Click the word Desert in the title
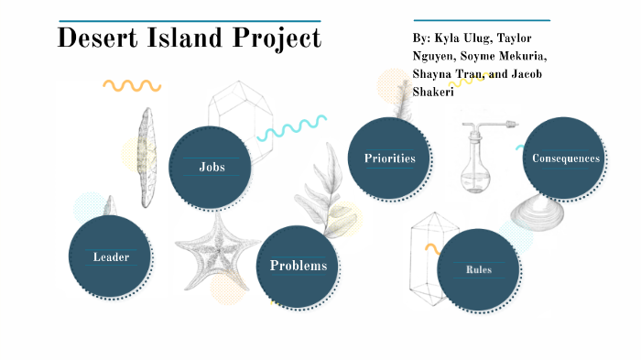(x=97, y=38)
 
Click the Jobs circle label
(x=212, y=167)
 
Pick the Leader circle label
(x=111, y=256)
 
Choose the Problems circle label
(x=298, y=266)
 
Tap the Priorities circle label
(x=389, y=158)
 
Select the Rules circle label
(x=478, y=269)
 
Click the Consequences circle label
(x=566, y=158)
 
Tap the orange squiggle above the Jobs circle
(x=132, y=86)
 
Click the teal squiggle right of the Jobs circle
(x=291, y=127)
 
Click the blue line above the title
(x=189, y=20)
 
